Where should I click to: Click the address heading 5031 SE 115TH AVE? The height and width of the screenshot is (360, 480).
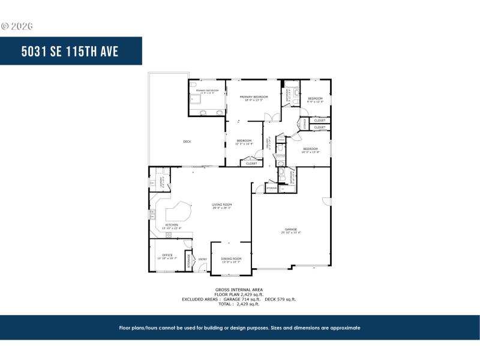click(x=70, y=51)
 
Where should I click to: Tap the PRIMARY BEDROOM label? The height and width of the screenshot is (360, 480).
click(x=253, y=97)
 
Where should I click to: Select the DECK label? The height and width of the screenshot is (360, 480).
click(x=187, y=142)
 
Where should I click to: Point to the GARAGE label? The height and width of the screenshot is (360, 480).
click(x=292, y=229)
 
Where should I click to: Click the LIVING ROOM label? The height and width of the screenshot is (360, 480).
click(x=221, y=205)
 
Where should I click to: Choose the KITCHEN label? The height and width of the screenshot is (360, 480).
click(x=172, y=225)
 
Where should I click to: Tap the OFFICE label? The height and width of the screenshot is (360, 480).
click(x=167, y=255)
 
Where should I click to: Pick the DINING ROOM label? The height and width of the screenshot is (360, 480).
click(x=231, y=259)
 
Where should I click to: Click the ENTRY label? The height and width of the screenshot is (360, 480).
click(x=202, y=259)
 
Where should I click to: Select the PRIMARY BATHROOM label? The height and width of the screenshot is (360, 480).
click(x=206, y=91)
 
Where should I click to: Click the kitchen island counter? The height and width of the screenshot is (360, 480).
click(x=178, y=212)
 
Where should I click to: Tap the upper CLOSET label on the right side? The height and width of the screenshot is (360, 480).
click(x=320, y=121)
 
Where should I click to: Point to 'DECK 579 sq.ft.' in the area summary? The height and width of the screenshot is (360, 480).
click(x=281, y=299)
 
